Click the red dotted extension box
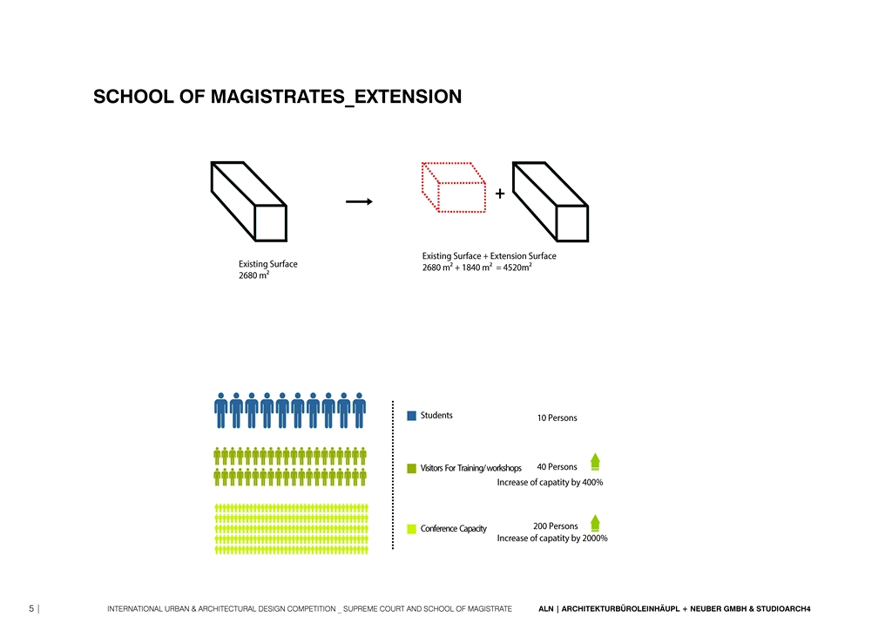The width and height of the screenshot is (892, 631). point(454,187)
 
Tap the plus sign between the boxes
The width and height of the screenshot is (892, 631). point(499,194)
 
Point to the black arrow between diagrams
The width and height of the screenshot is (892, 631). point(359,202)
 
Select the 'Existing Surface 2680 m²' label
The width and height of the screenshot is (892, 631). point(267,269)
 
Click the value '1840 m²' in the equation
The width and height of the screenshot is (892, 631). point(477,268)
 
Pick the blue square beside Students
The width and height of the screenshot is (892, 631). point(411,416)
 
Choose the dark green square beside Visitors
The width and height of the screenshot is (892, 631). point(411,469)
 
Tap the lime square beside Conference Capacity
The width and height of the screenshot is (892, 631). point(411,529)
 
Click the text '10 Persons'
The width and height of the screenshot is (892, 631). point(557,418)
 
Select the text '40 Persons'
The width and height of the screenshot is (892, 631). point(557,467)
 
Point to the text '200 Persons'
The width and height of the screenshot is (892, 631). point(555,526)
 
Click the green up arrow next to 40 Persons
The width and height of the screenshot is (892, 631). point(595,462)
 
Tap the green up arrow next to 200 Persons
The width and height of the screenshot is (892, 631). point(595,523)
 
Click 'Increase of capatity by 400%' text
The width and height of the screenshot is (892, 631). point(550,483)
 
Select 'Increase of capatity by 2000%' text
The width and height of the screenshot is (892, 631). point(551,539)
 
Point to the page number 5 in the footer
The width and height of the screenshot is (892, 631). point(31,607)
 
